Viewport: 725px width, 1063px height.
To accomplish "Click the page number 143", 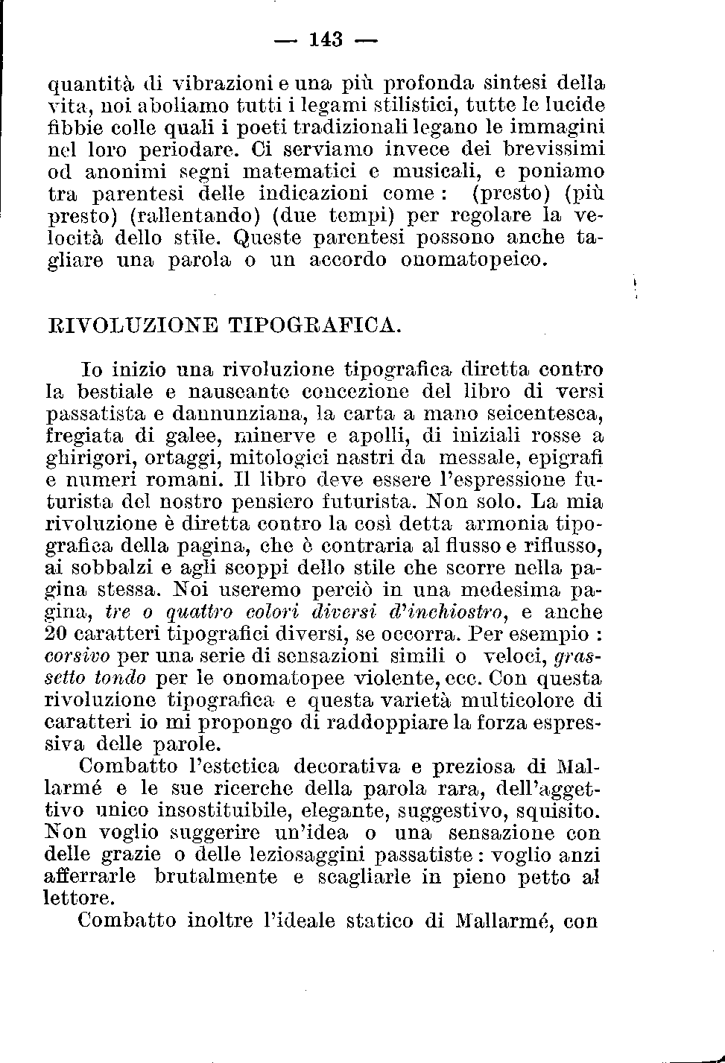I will point(325,39).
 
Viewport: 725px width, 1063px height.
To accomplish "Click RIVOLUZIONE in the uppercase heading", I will point(133,326).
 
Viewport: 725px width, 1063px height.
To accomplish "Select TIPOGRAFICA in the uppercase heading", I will point(314,326).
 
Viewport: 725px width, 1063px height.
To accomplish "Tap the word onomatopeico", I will point(475,260).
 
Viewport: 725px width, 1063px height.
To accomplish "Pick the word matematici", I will point(288,172).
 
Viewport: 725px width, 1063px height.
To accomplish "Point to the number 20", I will point(57,635).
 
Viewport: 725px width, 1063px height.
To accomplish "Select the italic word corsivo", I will point(77,657).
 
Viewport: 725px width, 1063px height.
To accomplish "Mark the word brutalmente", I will point(215,877).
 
